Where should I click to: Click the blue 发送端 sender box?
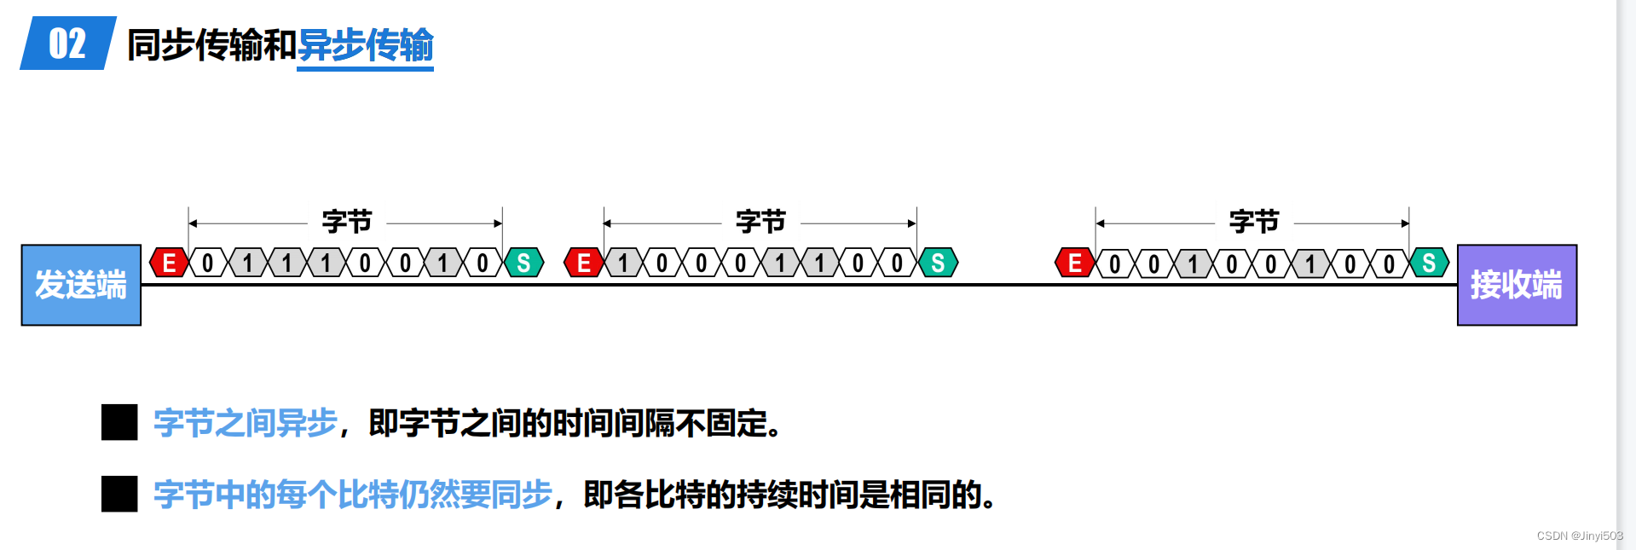pyautogui.click(x=81, y=285)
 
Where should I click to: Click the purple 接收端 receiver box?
pyautogui.click(x=1517, y=285)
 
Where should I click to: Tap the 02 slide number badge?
pyautogui.click(x=67, y=43)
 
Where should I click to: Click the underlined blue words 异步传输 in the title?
pyautogui.click(x=365, y=45)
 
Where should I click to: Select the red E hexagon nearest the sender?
pyautogui.click(x=169, y=263)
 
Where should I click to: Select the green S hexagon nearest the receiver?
pyautogui.click(x=1429, y=263)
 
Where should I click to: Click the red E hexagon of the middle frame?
pyautogui.click(x=584, y=263)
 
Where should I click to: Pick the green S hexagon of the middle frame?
pyautogui.click(x=938, y=263)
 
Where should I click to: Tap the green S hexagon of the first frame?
pyautogui.click(x=523, y=263)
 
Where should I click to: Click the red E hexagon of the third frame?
pyautogui.click(x=1075, y=263)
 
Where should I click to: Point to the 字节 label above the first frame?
pyautogui.click(x=346, y=222)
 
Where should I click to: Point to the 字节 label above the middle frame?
pyautogui.click(x=760, y=222)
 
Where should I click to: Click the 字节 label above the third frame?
pyautogui.click(x=1253, y=222)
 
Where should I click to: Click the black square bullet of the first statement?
pyautogui.click(x=119, y=422)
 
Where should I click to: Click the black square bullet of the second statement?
pyautogui.click(x=119, y=494)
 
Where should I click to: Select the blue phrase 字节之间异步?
pyautogui.click(x=246, y=423)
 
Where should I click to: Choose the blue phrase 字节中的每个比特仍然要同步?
pyautogui.click(x=353, y=495)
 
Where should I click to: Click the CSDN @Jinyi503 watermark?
pyautogui.click(x=1579, y=536)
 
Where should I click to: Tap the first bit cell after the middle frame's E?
pyautogui.click(x=623, y=263)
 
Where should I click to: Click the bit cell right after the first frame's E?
pyautogui.click(x=208, y=263)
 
